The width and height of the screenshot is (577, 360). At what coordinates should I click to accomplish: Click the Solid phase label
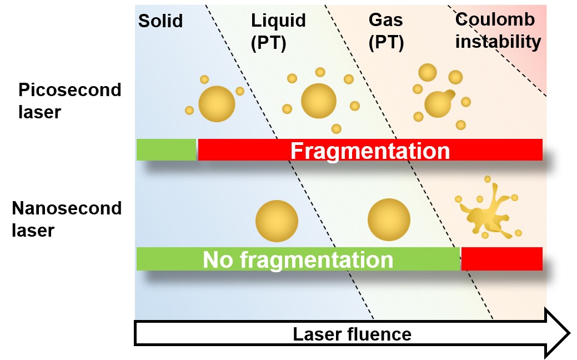pyautogui.click(x=160, y=22)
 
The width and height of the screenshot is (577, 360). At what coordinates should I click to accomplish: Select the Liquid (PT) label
pyautogui.click(x=278, y=31)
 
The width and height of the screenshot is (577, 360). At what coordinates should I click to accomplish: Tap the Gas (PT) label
pyautogui.click(x=386, y=31)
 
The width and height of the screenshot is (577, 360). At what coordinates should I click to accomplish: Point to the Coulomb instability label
pyautogui.click(x=498, y=31)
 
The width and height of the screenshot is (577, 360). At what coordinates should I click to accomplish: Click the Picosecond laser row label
pyautogui.click(x=69, y=101)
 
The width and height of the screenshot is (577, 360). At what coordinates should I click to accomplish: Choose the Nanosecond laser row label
pyautogui.click(x=67, y=219)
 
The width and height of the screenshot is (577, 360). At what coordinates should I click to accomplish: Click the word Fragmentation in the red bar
pyautogui.click(x=370, y=151)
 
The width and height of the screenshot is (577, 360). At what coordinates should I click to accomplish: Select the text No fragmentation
pyautogui.click(x=298, y=259)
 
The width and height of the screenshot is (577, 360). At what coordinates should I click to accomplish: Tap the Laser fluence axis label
pyautogui.click(x=352, y=334)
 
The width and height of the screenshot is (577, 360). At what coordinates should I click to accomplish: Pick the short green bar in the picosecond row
pyautogui.click(x=166, y=150)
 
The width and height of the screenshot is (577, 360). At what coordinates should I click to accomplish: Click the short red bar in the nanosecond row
pyautogui.click(x=501, y=259)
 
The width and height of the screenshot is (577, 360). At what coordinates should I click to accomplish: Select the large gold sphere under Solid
pyautogui.click(x=217, y=104)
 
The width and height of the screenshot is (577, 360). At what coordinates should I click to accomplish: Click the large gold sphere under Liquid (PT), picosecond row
pyautogui.click(x=319, y=101)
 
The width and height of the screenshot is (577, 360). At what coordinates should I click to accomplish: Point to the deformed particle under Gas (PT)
pyautogui.click(x=439, y=103)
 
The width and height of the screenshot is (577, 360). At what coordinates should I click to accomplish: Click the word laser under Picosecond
pyautogui.click(x=39, y=112)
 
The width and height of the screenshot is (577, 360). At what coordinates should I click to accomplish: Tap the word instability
pyautogui.click(x=498, y=42)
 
